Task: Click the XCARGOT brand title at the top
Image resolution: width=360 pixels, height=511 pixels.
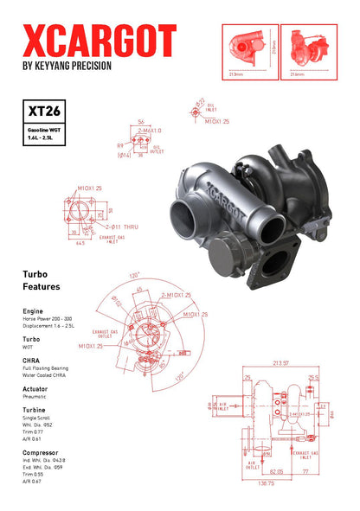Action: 99,40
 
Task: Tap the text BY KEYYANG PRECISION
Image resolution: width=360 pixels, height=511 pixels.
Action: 67,66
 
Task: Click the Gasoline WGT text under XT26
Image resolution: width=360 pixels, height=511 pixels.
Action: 40,129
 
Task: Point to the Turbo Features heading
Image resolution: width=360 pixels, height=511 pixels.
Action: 42,279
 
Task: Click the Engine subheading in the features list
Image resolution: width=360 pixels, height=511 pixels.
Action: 33,309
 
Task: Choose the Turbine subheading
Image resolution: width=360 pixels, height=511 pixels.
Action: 35,410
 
